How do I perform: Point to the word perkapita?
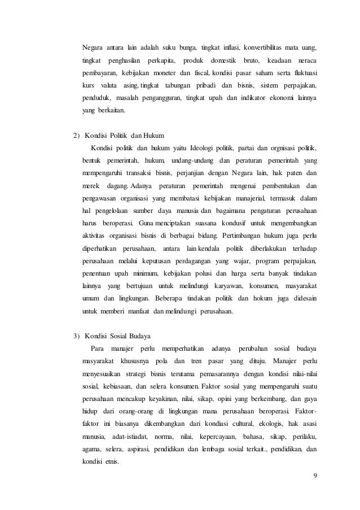click(161, 59)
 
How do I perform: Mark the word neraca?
click(305, 59)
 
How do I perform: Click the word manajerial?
click(238, 198)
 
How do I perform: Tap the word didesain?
click(303, 298)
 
